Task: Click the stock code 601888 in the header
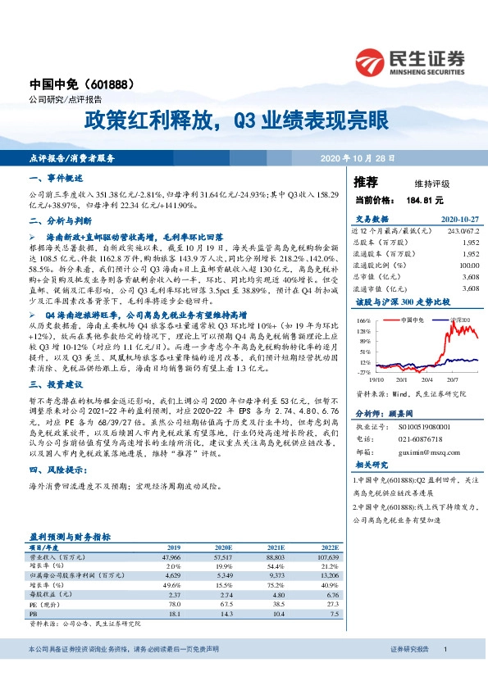[124, 84]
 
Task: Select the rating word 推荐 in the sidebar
[367, 181]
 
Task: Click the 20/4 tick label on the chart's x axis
[427, 379]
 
